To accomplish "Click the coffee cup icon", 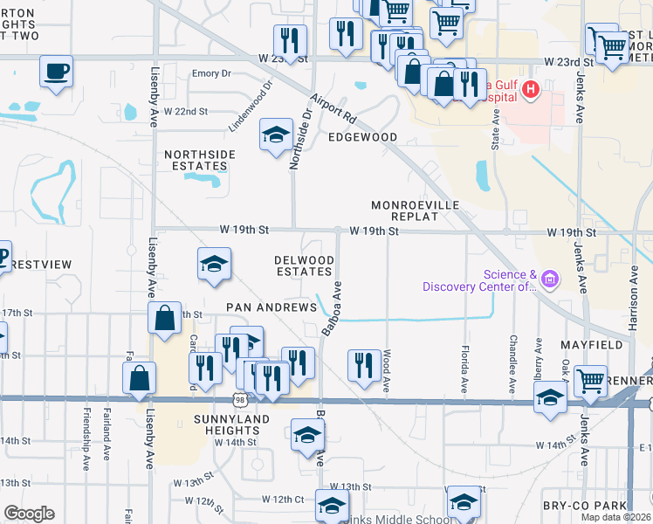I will pyautogui.click(x=58, y=71).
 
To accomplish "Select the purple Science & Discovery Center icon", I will pyautogui.click(x=550, y=280).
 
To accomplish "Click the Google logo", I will pyautogui.click(x=28, y=514).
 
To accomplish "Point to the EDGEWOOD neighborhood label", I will pyautogui.click(x=362, y=137).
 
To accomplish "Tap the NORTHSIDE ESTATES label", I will pyautogui.click(x=200, y=160).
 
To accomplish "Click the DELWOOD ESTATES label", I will pyautogui.click(x=304, y=266).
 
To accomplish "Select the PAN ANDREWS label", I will pyautogui.click(x=272, y=307).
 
